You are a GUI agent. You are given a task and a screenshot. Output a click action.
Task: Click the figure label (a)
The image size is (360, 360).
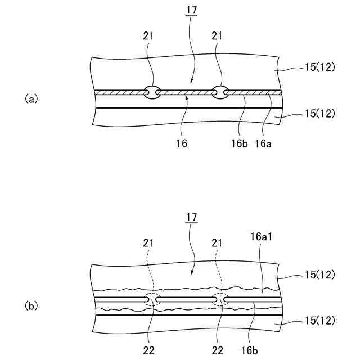[31, 98]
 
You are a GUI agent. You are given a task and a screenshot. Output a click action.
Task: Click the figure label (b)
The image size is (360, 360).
[31, 307]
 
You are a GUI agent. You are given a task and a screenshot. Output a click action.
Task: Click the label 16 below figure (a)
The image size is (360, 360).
[181, 144]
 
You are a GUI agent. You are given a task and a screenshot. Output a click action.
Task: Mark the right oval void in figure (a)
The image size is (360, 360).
[220, 92]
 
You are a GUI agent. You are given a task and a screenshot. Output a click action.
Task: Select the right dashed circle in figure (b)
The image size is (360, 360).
[220, 300]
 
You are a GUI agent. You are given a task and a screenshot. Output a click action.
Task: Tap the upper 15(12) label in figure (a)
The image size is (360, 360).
[319, 67]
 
